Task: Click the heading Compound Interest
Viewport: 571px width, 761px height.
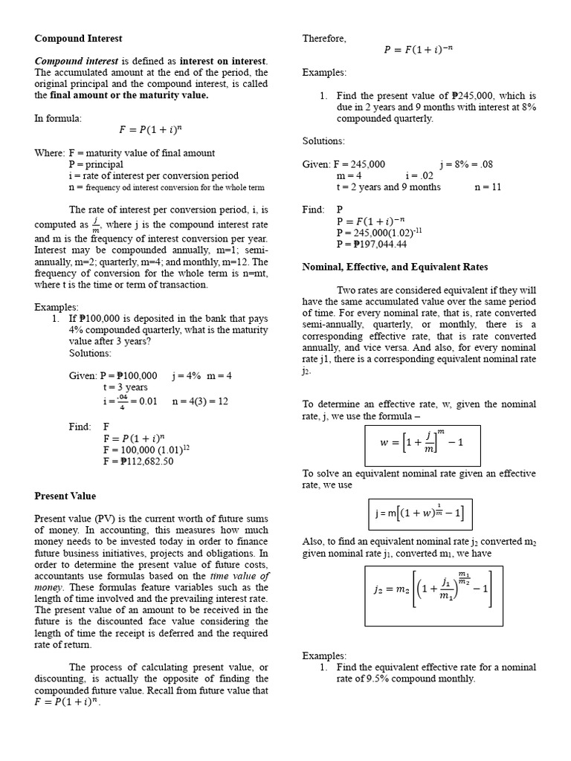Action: [x=79, y=38]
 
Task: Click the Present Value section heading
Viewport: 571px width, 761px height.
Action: [x=65, y=496]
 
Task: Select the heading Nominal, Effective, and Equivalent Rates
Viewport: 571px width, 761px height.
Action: [x=395, y=266]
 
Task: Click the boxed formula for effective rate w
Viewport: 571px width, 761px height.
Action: [x=422, y=446]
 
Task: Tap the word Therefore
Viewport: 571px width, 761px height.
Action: [x=324, y=39]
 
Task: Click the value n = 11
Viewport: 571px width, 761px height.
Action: [x=488, y=187]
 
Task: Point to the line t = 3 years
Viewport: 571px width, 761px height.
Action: [x=126, y=387]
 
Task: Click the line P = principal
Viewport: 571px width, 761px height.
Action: [x=96, y=164]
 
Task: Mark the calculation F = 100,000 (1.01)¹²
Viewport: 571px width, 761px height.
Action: [x=147, y=450]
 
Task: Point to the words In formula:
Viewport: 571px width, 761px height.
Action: [x=58, y=118]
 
